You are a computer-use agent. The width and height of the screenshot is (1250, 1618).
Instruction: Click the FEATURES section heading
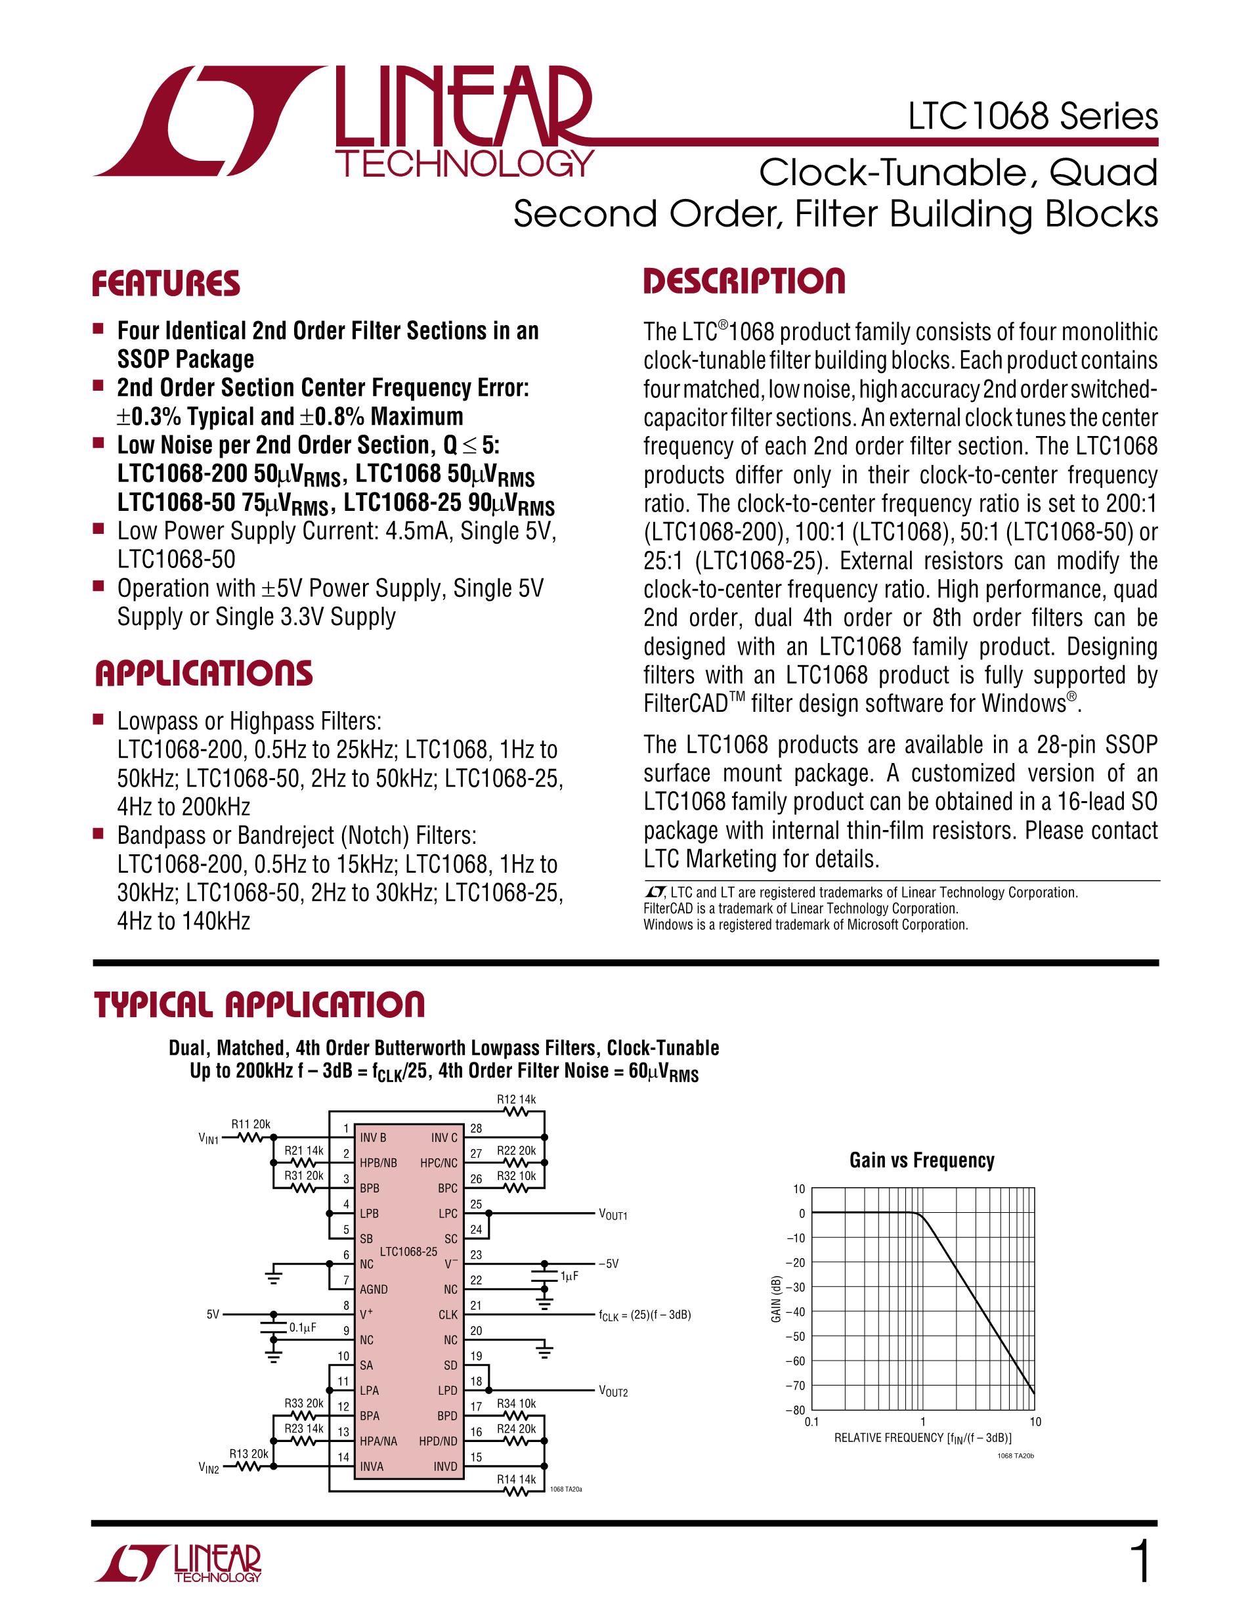click(166, 284)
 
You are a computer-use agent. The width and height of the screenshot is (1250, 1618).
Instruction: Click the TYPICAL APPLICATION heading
click(259, 1005)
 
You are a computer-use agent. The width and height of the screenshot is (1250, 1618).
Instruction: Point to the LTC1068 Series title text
click(1033, 117)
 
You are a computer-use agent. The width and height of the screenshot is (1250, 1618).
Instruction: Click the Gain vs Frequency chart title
click(921, 1160)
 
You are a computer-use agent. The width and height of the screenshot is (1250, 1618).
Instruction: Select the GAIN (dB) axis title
click(776, 1300)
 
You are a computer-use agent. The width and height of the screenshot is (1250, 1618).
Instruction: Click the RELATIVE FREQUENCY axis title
click(922, 1438)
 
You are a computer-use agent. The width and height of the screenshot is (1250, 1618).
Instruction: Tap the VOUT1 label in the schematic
click(613, 1215)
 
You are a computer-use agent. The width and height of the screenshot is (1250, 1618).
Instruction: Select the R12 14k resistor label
click(516, 1099)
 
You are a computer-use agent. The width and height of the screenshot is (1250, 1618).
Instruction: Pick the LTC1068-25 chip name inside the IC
click(408, 1252)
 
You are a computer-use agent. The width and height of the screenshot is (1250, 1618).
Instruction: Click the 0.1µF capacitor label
click(303, 1328)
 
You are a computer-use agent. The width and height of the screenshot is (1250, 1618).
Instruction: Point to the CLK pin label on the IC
click(448, 1315)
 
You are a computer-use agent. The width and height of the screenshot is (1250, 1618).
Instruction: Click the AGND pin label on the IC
click(374, 1289)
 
